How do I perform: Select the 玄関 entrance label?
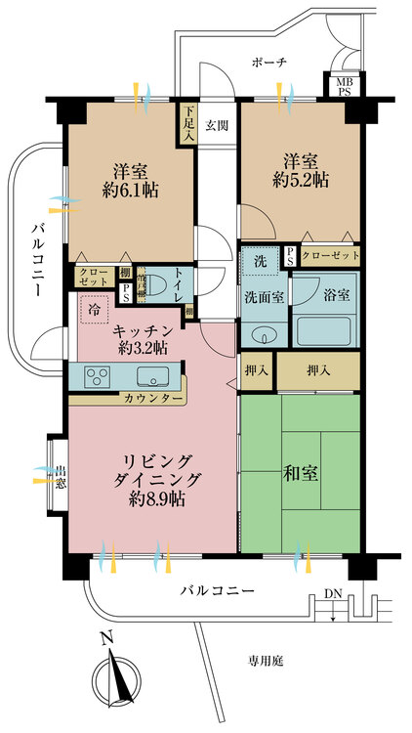[x=218, y=125]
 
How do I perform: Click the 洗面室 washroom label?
[x=263, y=297]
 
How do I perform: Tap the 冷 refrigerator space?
[x=94, y=307]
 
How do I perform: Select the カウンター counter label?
[x=151, y=399]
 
